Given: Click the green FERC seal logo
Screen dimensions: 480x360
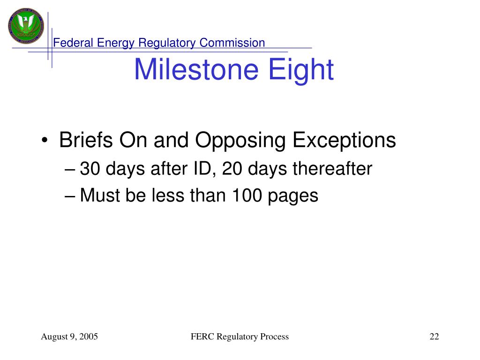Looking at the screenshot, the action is pyautogui.click(x=26, y=26).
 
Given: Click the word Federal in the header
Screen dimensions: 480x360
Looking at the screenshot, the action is pyautogui.click(x=73, y=43).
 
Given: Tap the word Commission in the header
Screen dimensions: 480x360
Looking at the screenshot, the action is pyautogui.click(x=232, y=43).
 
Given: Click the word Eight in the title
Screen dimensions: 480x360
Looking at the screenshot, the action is pyautogui.click(x=301, y=70).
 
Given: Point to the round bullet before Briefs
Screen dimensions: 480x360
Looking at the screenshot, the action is pyautogui.click(x=45, y=140).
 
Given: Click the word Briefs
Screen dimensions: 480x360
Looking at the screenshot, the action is pyautogui.click(x=86, y=140).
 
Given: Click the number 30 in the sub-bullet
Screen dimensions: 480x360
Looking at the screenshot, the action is pyautogui.click(x=90, y=169).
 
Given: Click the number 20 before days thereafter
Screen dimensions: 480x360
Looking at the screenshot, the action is pyautogui.click(x=232, y=169).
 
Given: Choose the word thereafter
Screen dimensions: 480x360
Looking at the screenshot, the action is pyautogui.click(x=332, y=168).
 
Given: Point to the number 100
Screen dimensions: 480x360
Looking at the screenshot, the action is pyautogui.click(x=247, y=195).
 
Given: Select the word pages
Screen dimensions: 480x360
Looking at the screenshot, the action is pyautogui.click(x=293, y=196).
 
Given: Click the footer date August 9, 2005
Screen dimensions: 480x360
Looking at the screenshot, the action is pyautogui.click(x=69, y=337).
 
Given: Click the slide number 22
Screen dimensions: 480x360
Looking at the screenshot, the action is pyautogui.click(x=435, y=337).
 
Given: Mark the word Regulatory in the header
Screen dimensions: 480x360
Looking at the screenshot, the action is pyautogui.click(x=167, y=43).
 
